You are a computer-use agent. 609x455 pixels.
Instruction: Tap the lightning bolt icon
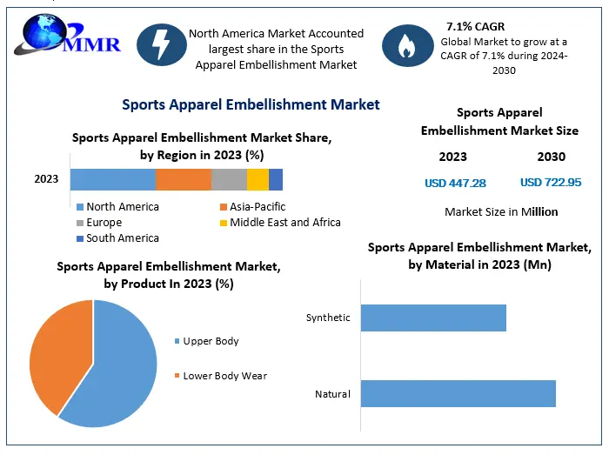(161, 46)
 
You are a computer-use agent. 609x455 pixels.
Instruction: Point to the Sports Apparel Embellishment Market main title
(251, 104)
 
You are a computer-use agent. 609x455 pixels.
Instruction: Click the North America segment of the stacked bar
(112, 179)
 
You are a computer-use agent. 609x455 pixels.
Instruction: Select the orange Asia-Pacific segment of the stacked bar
(184, 179)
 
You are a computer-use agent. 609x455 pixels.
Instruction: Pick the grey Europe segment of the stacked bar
(229, 179)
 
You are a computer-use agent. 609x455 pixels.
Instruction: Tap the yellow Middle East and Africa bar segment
(258, 179)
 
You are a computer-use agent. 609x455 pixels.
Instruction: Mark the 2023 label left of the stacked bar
(46, 179)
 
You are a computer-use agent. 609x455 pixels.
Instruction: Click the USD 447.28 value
(455, 183)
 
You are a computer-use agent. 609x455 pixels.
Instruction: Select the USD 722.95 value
(551, 183)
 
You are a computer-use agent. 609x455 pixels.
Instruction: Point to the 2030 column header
(551, 157)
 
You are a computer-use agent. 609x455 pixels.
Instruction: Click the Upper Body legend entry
(210, 341)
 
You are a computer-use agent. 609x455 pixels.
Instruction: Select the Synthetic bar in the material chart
(433, 318)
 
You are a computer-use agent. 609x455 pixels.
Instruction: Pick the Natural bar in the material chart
(458, 393)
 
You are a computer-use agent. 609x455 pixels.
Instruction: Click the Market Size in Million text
(501, 211)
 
